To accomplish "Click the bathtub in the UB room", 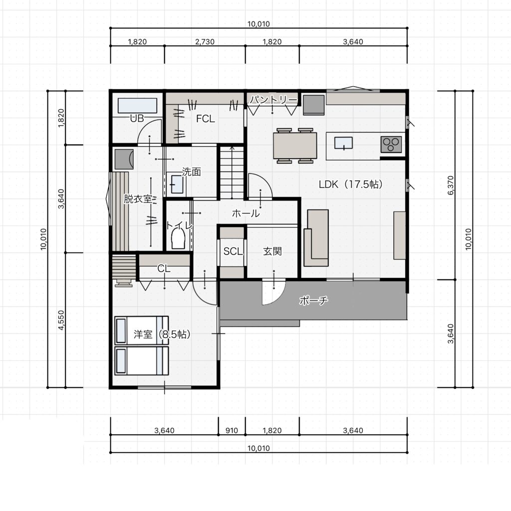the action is point(137,106).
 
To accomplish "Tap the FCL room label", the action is point(205,119).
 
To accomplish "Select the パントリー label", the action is point(273,99).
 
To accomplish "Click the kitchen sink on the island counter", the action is point(343,143).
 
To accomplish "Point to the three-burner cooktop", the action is point(391,144).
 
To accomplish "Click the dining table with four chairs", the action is point(295,146).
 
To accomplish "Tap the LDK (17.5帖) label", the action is point(350,185).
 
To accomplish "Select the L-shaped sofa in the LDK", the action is point(316,238).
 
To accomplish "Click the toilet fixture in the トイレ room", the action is point(178,238).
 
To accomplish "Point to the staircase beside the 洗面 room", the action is point(232,173).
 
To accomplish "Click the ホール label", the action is point(246,214).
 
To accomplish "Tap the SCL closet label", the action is point(233,252).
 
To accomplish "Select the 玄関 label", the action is point(272,252).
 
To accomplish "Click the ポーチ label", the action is point(313,300).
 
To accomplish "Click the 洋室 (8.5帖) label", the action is point(162,334).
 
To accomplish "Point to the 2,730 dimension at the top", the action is point(205,42).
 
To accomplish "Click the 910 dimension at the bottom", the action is point(232,431).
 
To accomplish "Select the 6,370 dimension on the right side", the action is point(451,185).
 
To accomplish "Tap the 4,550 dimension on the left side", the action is point(61,320).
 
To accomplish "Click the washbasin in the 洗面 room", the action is point(177,185).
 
